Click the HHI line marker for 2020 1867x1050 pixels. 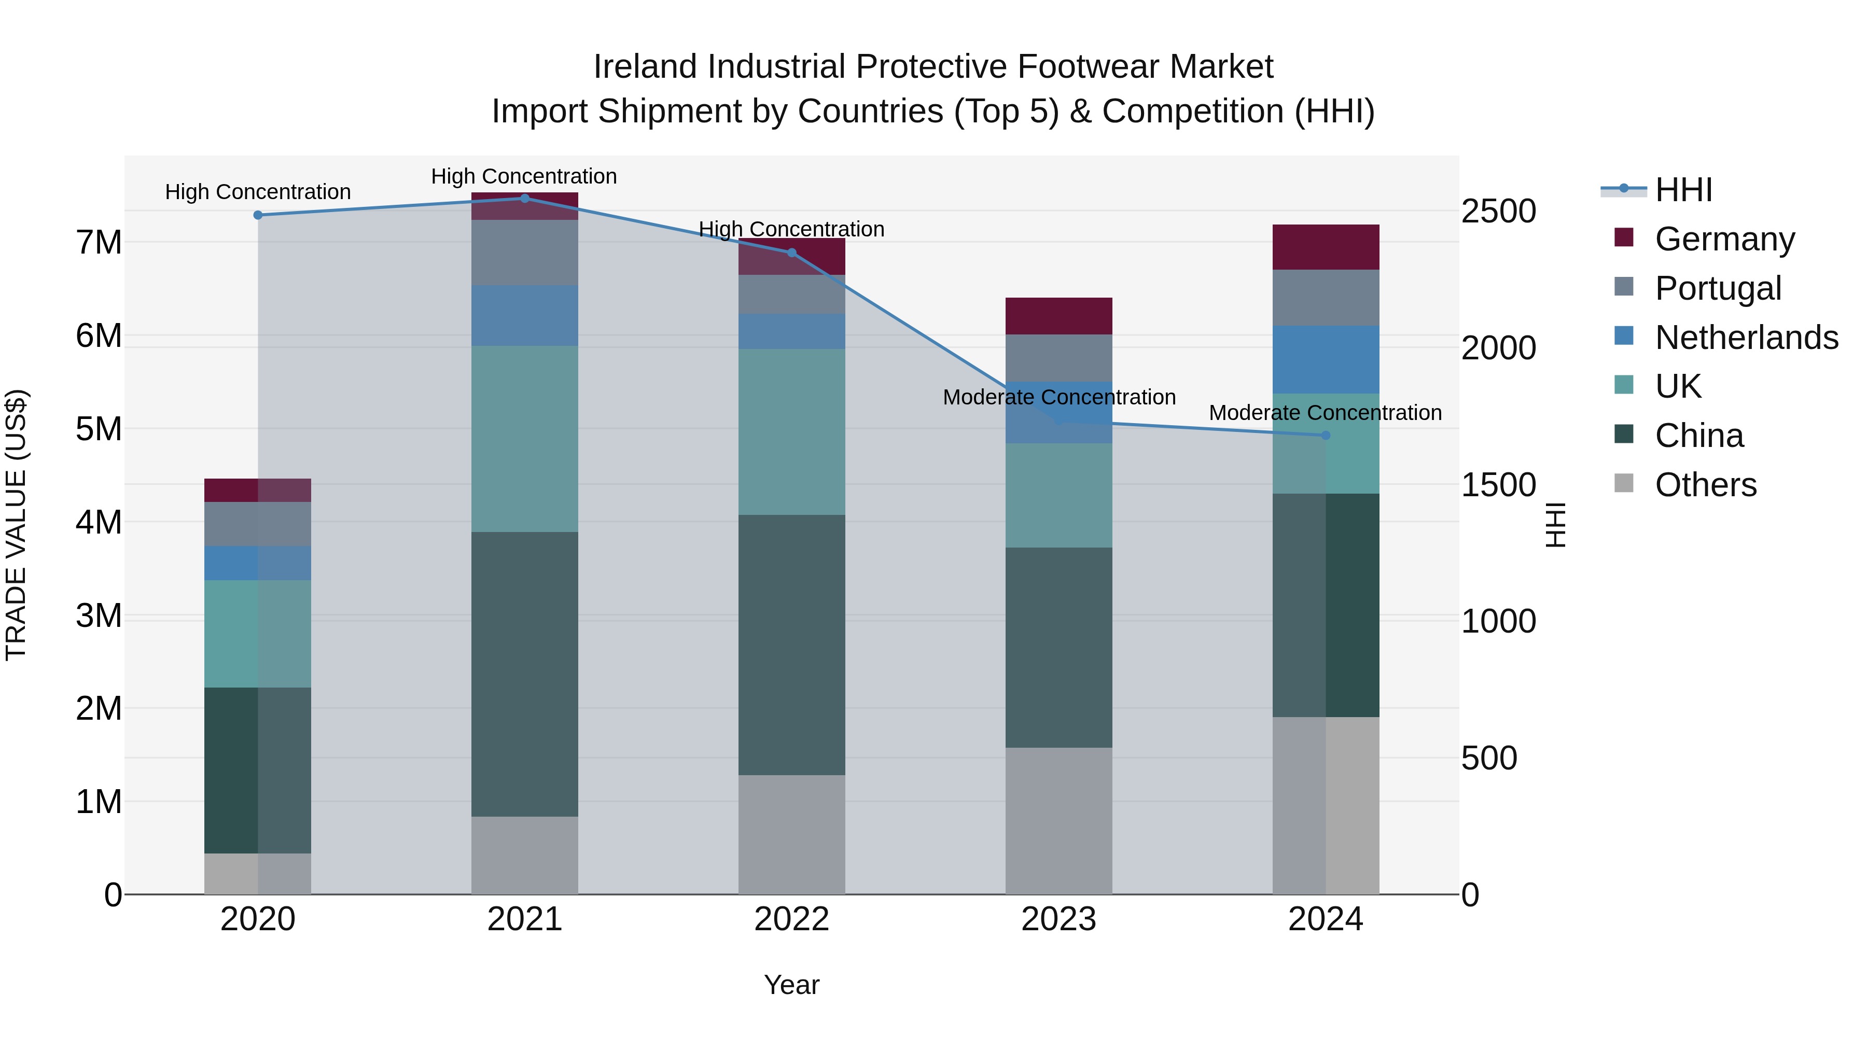pos(258,215)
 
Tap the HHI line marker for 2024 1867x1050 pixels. pos(1326,436)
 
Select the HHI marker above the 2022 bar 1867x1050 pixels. pos(791,253)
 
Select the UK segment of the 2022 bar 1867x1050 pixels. pos(791,432)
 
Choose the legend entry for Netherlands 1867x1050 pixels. pos(1746,338)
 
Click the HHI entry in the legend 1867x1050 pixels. pos(1683,190)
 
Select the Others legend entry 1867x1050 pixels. pos(1705,485)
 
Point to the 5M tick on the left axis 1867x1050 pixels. pos(99,429)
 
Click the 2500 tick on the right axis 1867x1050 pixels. pos(1498,212)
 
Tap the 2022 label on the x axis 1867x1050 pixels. pos(791,919)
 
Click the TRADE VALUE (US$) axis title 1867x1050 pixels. pos(17,525)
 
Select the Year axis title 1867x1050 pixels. pos(791,985)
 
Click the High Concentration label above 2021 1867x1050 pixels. pos(524,176)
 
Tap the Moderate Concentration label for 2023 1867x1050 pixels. pos(1059,397)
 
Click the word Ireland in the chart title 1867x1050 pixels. pos(647,67)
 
